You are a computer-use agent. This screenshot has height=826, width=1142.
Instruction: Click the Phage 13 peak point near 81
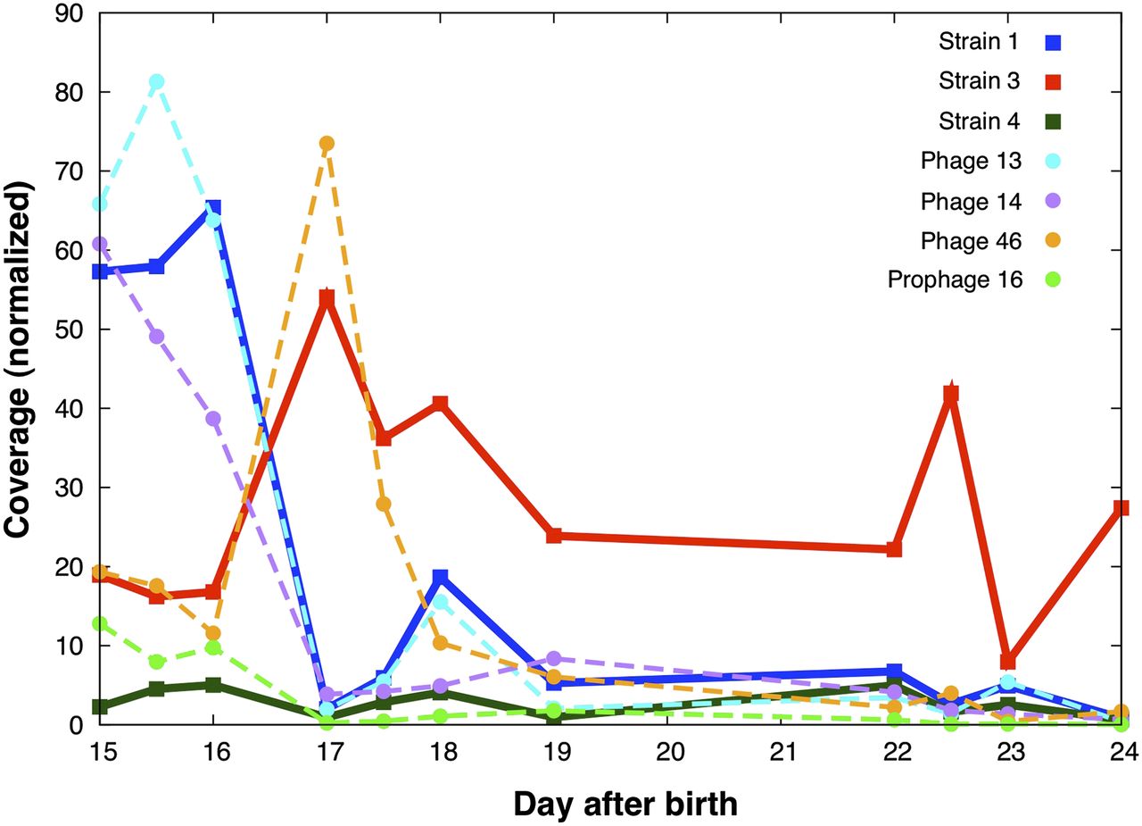[156, 82]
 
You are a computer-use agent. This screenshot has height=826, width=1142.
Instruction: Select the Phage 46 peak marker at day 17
[327, 144]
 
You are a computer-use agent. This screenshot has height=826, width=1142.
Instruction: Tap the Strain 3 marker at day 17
[327, 298]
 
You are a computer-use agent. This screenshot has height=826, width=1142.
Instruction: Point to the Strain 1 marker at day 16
[213, 208]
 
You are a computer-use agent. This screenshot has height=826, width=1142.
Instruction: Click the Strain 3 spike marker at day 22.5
[951, 393]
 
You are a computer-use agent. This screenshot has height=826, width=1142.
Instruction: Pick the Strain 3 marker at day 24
[1122, 508]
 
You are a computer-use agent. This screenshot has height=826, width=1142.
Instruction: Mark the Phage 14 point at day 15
[100, 244]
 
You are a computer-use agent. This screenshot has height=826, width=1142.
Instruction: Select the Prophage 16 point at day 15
[100, 624]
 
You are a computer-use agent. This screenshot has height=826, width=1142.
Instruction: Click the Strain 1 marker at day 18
[440, 578]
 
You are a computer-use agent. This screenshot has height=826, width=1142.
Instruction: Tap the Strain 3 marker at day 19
[554, 536]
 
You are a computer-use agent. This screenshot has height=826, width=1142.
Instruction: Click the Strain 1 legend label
[980, 41]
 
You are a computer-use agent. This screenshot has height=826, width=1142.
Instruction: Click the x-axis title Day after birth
[625, 804]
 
